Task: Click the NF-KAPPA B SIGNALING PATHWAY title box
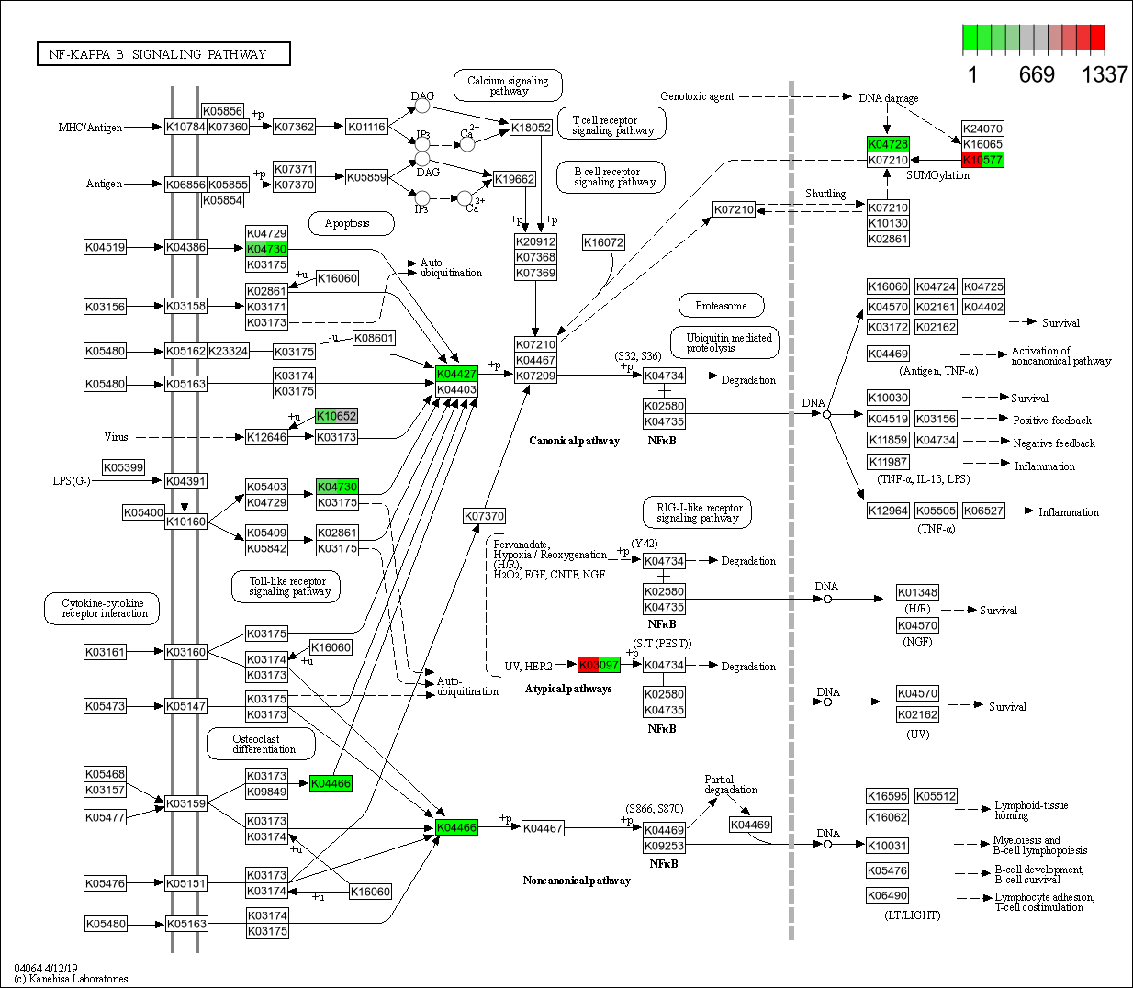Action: pyautogui.click(x=163, y=54)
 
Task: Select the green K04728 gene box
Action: pyautogui.click(x=888, y=144)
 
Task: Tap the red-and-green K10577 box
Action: pyautogui.click(x=982, y=160)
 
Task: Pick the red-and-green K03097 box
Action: pyautogui.click(x=599, y=665)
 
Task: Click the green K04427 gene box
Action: pyautogui.click(x=456, y=374)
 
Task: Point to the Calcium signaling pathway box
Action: pyautogui.click(x=508, y=85)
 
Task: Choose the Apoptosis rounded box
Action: pyautogui.click(x=347, y=223)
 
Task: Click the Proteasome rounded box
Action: pyautogui.click(x=721, y=306)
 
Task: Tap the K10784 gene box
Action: pyautogui.click(x=185, y=127)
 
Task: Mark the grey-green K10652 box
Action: pyautogui.click(x=336, y=416)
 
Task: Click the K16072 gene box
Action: pyautogui.click(x=603, y=242)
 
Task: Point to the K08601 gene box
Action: pyautogui.click(x=374, y=338)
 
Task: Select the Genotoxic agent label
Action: pyautogui.click(x=697, y=96)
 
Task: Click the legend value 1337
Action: pyautogui.click(x=1104, y=74)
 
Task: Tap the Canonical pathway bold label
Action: pyautogui.click(x=574, y=441)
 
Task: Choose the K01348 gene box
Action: pyautogui.click(x=917, y=592)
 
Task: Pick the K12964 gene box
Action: pyautogui.click(x=888, y=511)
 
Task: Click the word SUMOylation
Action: pyautogui.click(x=937, y=175)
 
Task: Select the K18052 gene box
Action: pyautogui.click(x=531, y=128)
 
